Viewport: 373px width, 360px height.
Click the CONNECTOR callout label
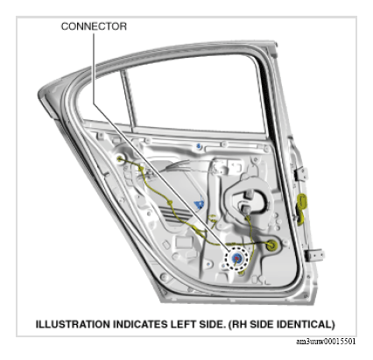tap(94, 26)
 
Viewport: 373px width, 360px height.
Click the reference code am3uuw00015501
tap(326, 342)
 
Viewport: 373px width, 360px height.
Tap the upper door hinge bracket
tap(301, 174)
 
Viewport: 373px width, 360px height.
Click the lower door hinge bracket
tap(314, 255)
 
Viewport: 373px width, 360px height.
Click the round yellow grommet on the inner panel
tap(272, 245)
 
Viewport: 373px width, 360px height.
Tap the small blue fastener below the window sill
tap(199, 145)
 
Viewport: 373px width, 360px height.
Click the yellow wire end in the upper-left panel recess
tap(119, 159)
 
